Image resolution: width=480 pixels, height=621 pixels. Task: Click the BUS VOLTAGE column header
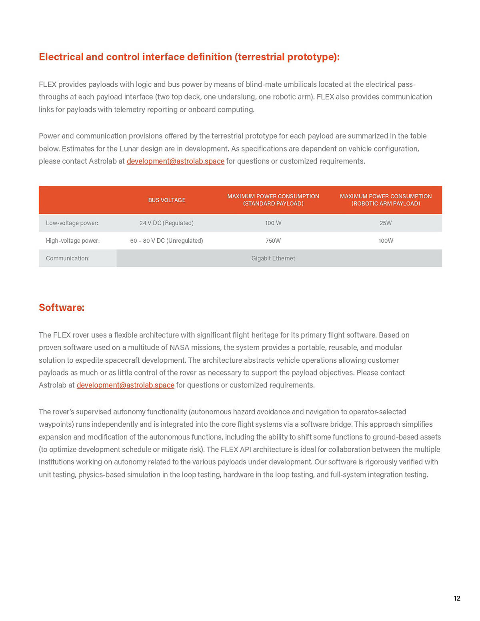click(167, 200)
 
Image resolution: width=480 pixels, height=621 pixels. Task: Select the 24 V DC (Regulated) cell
click(166, 223)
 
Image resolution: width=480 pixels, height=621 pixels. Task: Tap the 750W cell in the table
click(273, 241)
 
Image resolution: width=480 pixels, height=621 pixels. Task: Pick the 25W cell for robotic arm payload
click(386, 223)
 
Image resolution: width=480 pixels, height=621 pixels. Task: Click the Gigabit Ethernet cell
click(273, 258)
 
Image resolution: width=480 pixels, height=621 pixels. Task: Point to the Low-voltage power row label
click(72, 223)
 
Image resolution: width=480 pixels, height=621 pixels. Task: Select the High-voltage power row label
click(73, 241)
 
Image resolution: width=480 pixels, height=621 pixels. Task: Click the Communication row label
click(68, 258)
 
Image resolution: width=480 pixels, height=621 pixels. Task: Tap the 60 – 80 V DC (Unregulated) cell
click(166, 241)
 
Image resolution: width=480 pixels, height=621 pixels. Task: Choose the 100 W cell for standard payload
click(273, 223)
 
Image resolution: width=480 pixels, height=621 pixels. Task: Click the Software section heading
click(62, 308)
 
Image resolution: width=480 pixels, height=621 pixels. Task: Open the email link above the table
click(175, 161)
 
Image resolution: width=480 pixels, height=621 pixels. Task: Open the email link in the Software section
click(125, 385)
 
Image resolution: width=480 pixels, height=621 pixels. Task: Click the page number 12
click(457, 598)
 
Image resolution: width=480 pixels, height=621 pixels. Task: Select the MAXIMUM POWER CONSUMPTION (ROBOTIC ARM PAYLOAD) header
click(386, 200)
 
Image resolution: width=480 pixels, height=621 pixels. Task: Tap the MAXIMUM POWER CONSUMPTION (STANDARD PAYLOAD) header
click(273, 200)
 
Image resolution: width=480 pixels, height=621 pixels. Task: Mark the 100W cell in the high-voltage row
click(386, 241)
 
